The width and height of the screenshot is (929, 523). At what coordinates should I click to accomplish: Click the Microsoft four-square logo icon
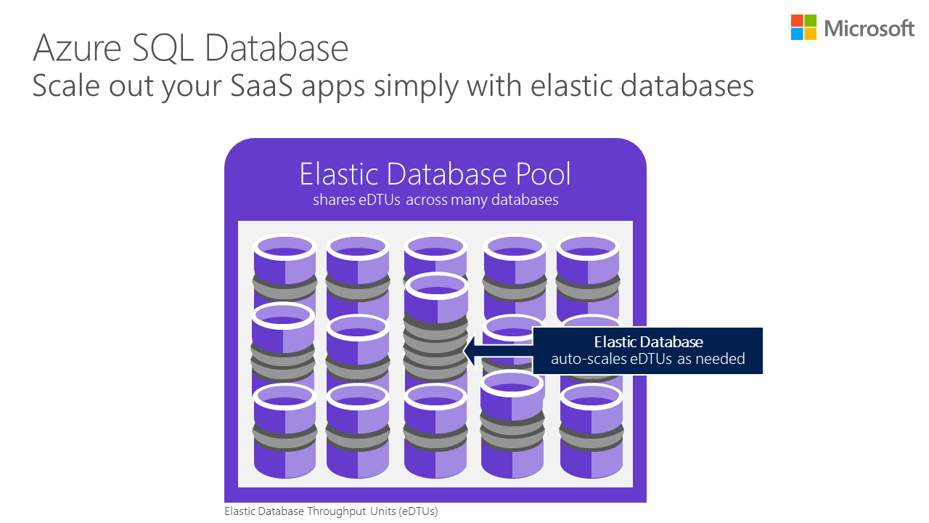tap(804, 28)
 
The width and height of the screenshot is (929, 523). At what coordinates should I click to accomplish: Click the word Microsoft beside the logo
tap(869, 28)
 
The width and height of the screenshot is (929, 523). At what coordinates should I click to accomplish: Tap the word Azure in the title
tap(75, 49)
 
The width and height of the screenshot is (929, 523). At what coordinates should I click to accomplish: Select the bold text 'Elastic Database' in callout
tap(648, 342)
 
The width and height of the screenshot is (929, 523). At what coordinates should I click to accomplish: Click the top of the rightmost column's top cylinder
tap(587, 246)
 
